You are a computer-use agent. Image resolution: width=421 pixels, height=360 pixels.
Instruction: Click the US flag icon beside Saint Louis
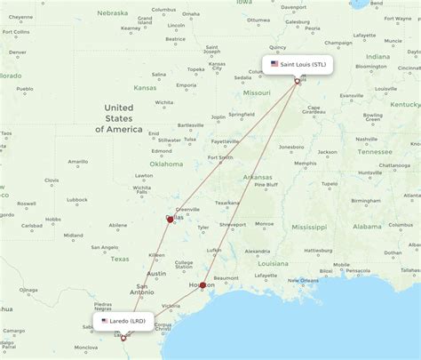[274, 64]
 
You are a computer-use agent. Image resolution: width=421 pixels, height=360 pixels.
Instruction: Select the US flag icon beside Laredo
[106, 320]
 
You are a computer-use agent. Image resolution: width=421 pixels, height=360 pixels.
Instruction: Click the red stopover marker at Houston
[203, 285]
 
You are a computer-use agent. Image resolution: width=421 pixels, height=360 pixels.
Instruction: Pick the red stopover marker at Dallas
[170, 219]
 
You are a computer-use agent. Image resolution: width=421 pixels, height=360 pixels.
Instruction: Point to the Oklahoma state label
[166, 164]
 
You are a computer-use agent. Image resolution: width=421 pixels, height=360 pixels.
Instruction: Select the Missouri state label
[257, 92]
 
